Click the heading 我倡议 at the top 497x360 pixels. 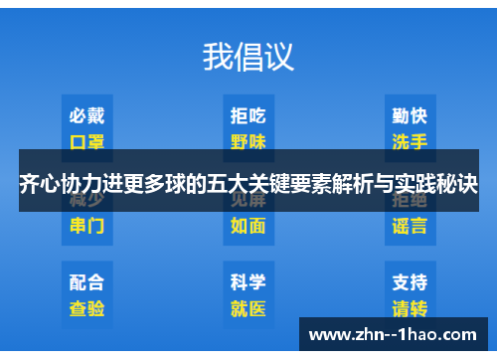pyautogui.click(x=248, y=56)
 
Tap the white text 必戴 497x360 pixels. pyautogui.click(x=86, y=116)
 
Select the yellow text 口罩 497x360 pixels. pyautogui.click(x=86, y=141)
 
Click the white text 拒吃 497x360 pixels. pyautogui.click(x=248, y=116)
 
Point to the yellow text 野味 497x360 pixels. pyautogui.click(x=248, y=141)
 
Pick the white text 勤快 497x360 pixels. pyautogui.click(x=410, y=116)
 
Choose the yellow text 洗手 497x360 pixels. pyautogui.click(x=410, y=141)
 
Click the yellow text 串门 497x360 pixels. pyautogui.click(x=86, y=226)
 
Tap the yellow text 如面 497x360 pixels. pyautogui.click(x=248, y=226)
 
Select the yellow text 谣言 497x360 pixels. pyautogui.click(x=410, y=226)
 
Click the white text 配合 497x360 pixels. pyautogui.click(x=86, y=282)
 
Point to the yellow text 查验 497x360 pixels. pyautogui.click(x=86, y=308)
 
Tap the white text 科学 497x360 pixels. pyautogui.click(x=248, y=282)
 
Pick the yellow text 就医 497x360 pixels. pyautogui.click(x=248, y=308)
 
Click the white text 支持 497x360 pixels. pyautogui.click(x=410, y=282)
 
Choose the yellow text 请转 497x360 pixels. pyautogui.click(x=410, y=308)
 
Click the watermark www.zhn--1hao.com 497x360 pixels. pyautogui.click(x=396, y=333)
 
